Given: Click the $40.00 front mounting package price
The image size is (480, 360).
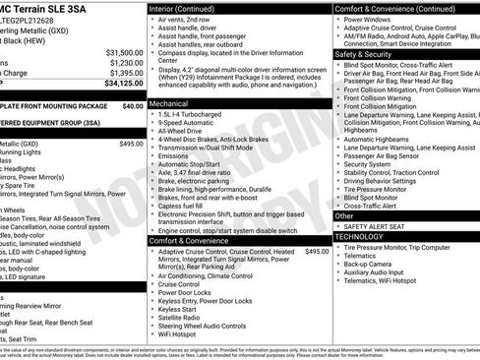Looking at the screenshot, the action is (133, 104).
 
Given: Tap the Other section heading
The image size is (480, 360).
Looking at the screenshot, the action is (345, 215).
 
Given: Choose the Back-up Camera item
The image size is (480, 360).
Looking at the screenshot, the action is (373, 264).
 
